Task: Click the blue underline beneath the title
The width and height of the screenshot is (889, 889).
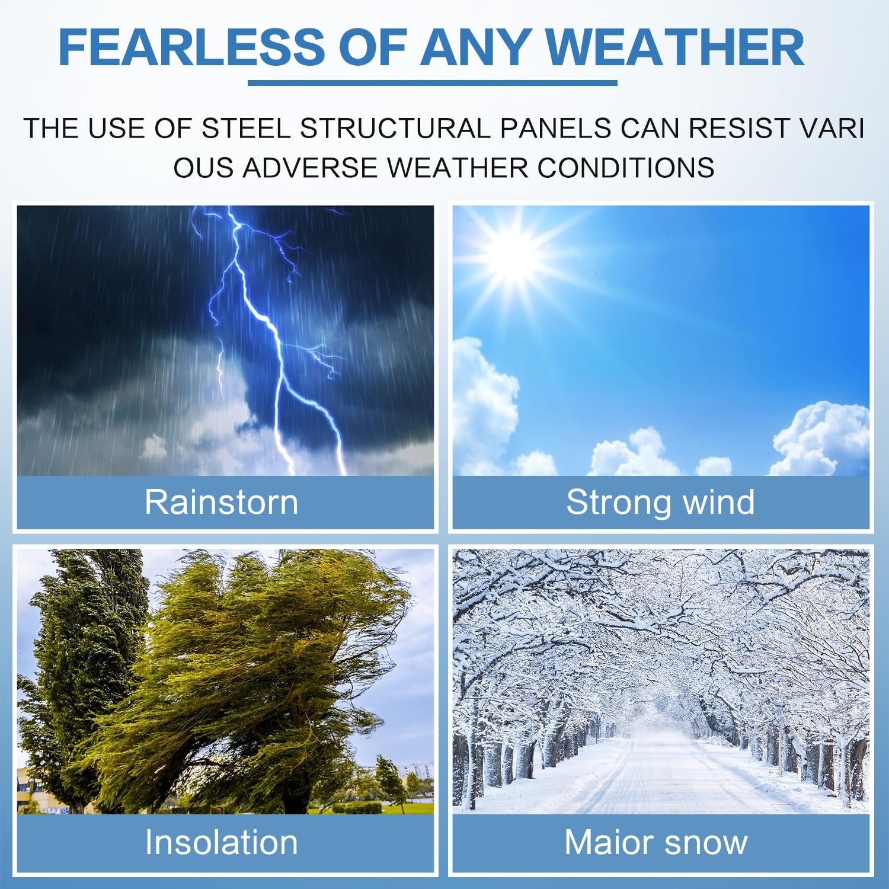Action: coord(433,83)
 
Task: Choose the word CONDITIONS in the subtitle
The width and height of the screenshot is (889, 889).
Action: coord(626,168)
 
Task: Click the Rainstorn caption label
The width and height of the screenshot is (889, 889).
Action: coord(221,502)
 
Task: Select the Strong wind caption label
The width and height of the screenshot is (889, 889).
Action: coord(660,502)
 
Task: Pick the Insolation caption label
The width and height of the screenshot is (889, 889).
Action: coord(221,842)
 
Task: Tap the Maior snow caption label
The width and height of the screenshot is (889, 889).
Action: coord(655,842)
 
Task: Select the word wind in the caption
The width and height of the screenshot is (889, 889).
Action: coord(718,502)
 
